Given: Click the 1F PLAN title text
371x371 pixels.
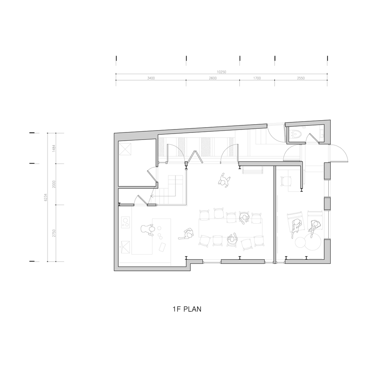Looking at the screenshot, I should click(187, 309).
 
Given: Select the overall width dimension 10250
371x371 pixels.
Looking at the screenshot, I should click(221, 72).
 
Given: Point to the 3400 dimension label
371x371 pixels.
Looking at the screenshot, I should click(151, 78).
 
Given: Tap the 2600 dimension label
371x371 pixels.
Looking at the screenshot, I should click(213, 78).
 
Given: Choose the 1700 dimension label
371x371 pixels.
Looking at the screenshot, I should click(257, 78).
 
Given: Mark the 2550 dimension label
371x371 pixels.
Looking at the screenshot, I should click(301, 78).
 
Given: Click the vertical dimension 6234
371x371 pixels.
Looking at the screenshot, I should click(46, 197).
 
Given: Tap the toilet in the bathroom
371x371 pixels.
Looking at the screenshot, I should click(297, 135).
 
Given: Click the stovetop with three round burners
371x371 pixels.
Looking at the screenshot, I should click(125, 223).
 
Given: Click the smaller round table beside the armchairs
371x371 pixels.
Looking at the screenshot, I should click(301, 243).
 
